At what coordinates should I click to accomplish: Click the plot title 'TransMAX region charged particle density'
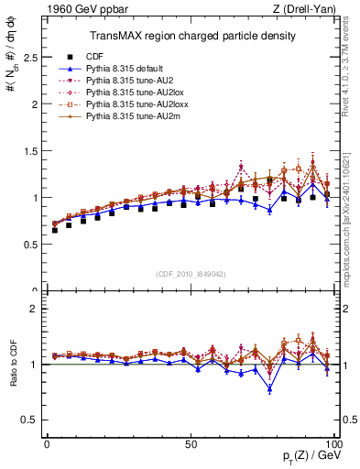tap(191, 36)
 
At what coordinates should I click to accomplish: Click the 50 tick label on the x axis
tap(191, 442)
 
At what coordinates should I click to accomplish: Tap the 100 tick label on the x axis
tap(332, 442)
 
